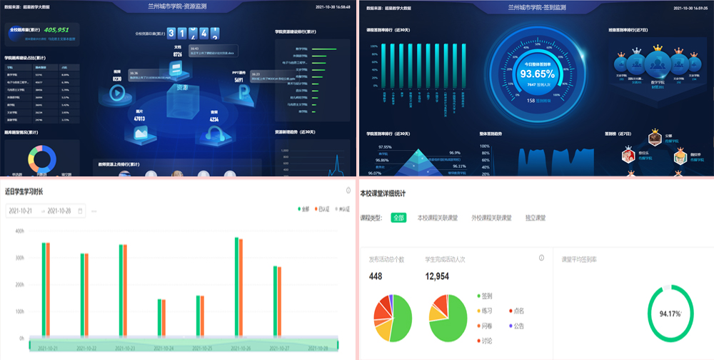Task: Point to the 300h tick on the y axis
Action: point(19,258)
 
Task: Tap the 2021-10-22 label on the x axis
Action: point(85,348)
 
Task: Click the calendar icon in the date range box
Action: point(80,211)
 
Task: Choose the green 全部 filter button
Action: point(398,217)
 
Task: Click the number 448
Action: point(376,276)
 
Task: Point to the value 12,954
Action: point(437,276)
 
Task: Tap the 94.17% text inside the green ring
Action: point(670,313)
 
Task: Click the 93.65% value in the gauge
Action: point(537,74)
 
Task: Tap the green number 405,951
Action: point(56,30)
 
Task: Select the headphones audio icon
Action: point(213,134)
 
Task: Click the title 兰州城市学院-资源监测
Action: point(177,7)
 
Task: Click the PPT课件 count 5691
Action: point(238,80)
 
